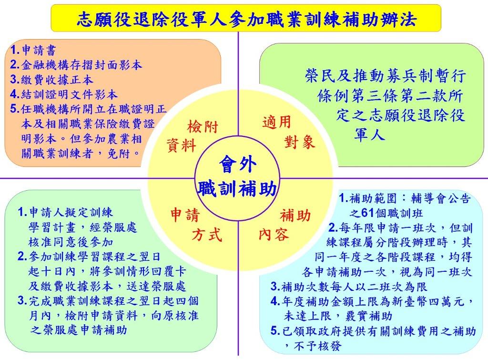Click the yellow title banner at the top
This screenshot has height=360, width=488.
pyautogui.click(x=246, y=18)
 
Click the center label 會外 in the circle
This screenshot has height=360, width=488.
pyautogui.click(x=238, y=164)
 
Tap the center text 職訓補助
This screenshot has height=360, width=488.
pyautogui.click(x=237, y=188)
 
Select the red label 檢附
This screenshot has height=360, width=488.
pyautogui.click(x=203, y=127)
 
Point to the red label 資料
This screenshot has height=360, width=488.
pyautogui.click(x=182, y=145)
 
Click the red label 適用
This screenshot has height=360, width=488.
pyautogui.click(x=276, y=122)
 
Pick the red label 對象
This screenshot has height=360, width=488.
pyautogui.click(x=299, y=142)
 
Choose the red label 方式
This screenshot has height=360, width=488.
pyautogui.click(x=207, y=234)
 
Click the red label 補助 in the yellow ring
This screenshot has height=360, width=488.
pyautogui.click(x=295, y=215)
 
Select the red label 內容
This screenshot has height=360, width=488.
pyautogui.click(x=274, y=234)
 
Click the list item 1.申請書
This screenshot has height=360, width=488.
pyautogui.click(x=33, y=50)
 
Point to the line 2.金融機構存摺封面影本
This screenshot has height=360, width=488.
pyautogui.click(x=76, y=65)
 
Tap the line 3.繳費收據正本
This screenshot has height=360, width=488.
pyautogui.click(x=51, y=80)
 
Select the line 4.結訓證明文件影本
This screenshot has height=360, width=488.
pyautogui.click(x=64, y=94)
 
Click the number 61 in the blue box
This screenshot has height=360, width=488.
pyautogui.click(x=367, y=213)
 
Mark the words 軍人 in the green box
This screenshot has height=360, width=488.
pyautogui.click(x=370, y=134)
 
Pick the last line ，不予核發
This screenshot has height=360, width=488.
pyautogui.click(x=313, y=345)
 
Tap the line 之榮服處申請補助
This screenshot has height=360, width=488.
pyautogui.click(x=79, y=330)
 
